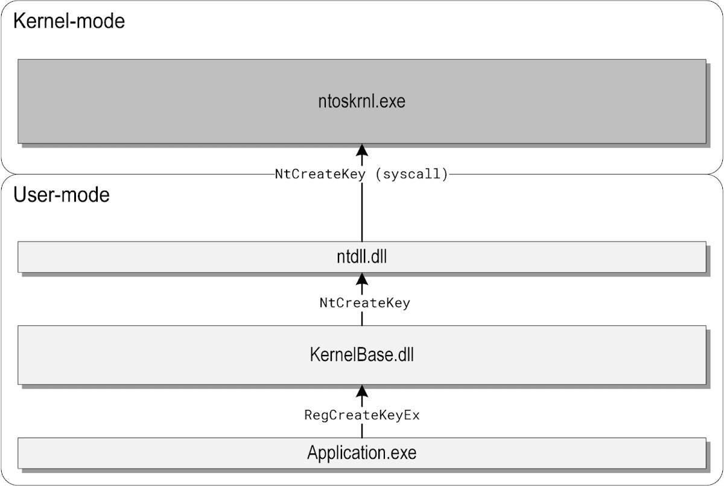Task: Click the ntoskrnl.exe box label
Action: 361,101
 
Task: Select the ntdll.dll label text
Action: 361,257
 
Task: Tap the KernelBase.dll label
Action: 361,355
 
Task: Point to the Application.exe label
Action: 361,452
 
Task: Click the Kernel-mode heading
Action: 69,21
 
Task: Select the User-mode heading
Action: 62,195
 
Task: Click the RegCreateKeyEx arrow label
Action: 362,415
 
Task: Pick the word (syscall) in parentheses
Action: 411,174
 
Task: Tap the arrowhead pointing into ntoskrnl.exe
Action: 361,150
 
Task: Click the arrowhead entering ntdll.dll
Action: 361,279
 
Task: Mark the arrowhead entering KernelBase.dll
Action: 361,391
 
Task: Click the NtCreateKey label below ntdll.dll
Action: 364,303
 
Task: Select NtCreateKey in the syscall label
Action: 320,174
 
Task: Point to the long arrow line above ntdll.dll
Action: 361,212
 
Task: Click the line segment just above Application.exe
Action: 361,431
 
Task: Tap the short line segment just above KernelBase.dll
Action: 361,319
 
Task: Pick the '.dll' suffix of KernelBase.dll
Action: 403,355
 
